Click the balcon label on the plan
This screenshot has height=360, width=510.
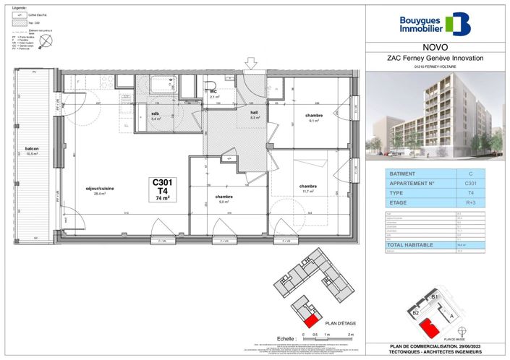click(31, 150)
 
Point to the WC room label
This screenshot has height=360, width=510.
click(214, 93)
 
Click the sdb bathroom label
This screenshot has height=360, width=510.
click(155, 114)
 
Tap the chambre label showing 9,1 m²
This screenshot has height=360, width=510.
click(313, 116)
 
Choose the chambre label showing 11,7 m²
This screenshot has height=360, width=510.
click(309, 187)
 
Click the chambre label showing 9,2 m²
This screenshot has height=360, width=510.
click(224, 197)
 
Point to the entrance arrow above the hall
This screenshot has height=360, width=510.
click(250, 64)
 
